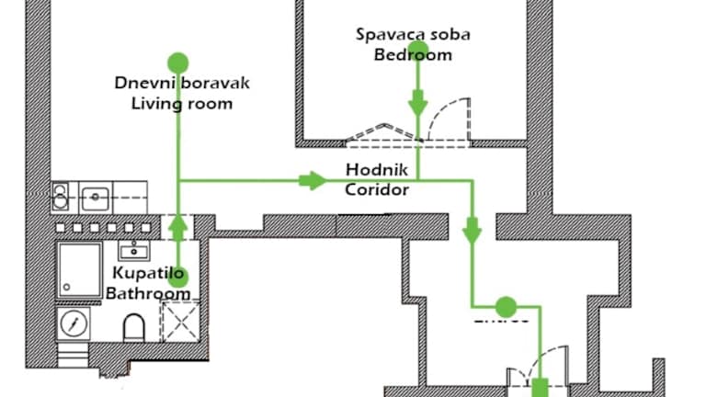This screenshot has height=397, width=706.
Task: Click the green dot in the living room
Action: click(177, 62)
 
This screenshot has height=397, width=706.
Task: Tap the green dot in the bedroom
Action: click(418, 49)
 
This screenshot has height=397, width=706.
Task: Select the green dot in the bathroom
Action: click(178, 278)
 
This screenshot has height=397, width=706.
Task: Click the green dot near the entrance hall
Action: click(507, 307)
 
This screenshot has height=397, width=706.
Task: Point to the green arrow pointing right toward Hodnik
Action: click(313, 180)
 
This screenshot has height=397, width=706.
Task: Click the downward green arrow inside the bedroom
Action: click(418, 103)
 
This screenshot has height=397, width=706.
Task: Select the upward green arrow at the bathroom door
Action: click(178, 227)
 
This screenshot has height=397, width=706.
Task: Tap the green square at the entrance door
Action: click(541, 388)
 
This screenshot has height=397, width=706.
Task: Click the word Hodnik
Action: click(376, 170)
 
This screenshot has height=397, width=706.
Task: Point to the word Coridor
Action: click(377, 189)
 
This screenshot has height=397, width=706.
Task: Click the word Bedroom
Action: click(413, 55)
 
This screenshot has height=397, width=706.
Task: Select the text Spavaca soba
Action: click(413, 35)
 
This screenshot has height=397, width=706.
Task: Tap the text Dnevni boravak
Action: click(182, 84)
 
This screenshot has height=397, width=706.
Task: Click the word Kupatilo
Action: click(148, 273)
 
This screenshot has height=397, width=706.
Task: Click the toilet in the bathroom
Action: click(134, 327)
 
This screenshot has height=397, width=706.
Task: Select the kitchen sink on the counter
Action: click(95, 198)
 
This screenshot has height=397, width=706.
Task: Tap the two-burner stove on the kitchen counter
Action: click(60, 197)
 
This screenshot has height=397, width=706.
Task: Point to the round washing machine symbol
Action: click(74, 323)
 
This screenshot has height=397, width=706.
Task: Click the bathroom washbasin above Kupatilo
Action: click(134, 251)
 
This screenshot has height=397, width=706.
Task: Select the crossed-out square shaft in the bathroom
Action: click(180, 322)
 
